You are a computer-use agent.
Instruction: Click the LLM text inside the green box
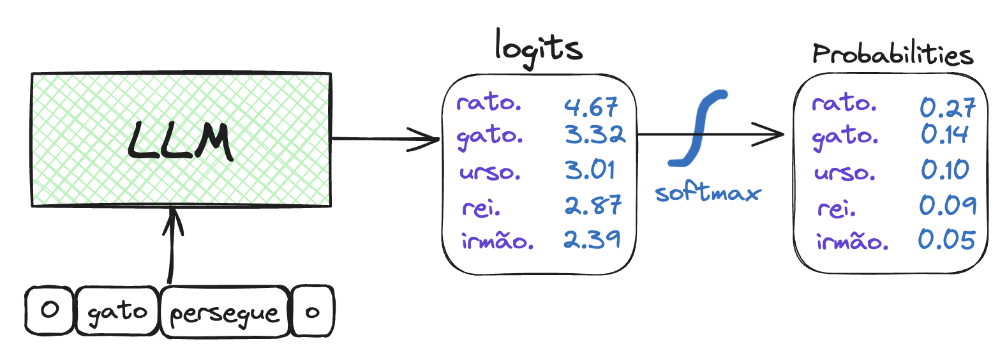[x=181, y=141]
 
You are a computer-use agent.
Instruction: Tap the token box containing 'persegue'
[x=225, y=312]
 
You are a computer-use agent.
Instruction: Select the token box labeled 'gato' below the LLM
[x=117, y=311]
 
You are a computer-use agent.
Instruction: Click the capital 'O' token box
[x=49, y=310]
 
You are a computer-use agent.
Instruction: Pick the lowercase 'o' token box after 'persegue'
[x=313, y=311]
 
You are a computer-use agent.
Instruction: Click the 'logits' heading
[x=538, y=49]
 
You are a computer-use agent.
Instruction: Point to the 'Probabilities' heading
[x=892, y=54]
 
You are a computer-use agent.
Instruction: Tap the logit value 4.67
[x=591, y=106]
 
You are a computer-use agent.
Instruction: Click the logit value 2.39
[x=592, y=239]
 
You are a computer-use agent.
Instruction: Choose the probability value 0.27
[x=948, y=107]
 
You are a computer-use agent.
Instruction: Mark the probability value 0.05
[x=946, y=239]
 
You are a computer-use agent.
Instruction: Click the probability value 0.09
[x=948, y=205]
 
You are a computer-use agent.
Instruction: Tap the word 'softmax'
[x=708, y=191]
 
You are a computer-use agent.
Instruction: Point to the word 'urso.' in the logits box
[x=490, y=172]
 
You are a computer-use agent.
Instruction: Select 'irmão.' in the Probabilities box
[x=852, y=241]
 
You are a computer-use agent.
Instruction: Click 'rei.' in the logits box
[x=481, y=207]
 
